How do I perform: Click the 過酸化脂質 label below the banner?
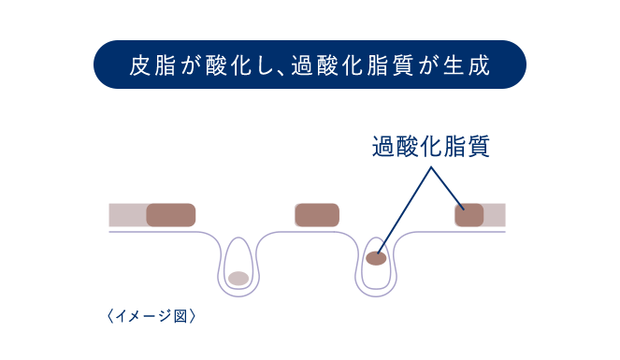coord(430,148)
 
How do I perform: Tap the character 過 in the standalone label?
coord(383,148)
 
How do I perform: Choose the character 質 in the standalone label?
coord(478,148)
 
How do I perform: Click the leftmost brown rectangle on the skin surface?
coord(170,215)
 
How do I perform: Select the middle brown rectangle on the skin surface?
coord(317,215)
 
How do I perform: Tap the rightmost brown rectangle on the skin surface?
coord(469,215)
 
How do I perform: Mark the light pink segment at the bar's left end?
coord(127,215)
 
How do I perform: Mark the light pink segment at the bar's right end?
coord(495,215)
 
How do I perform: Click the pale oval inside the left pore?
coord(239,278)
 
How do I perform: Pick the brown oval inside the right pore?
coord(377,257)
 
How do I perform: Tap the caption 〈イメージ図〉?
coord(151,316)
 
